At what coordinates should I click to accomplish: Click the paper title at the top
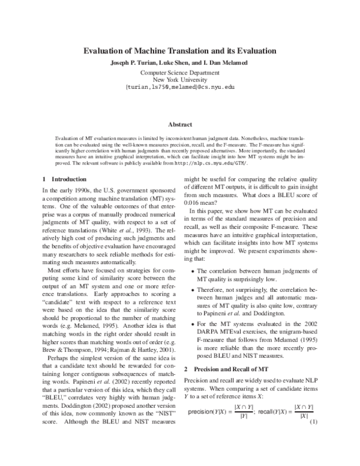click(x=180, y=51)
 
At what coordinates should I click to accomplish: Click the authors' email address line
click(x=180, y=87)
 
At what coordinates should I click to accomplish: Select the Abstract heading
click(x=180, y=124)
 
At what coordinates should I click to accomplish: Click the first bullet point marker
click(x=191, y=271)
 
